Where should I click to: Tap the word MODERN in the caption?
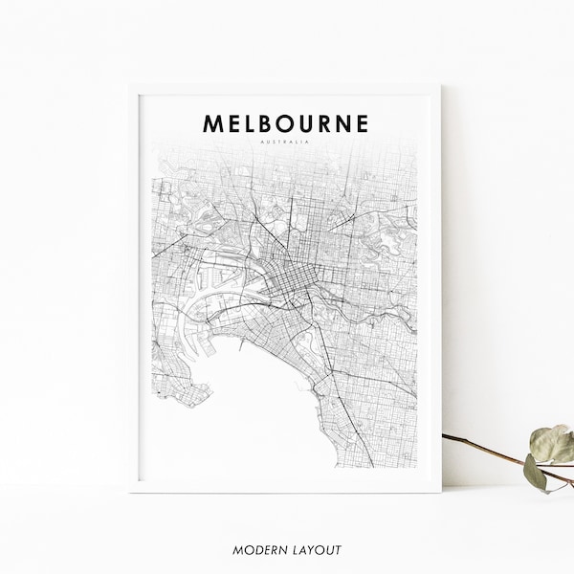pyautogui.click(x=255, y=550)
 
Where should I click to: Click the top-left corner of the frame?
pyautogui.click(x=131, y=85)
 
